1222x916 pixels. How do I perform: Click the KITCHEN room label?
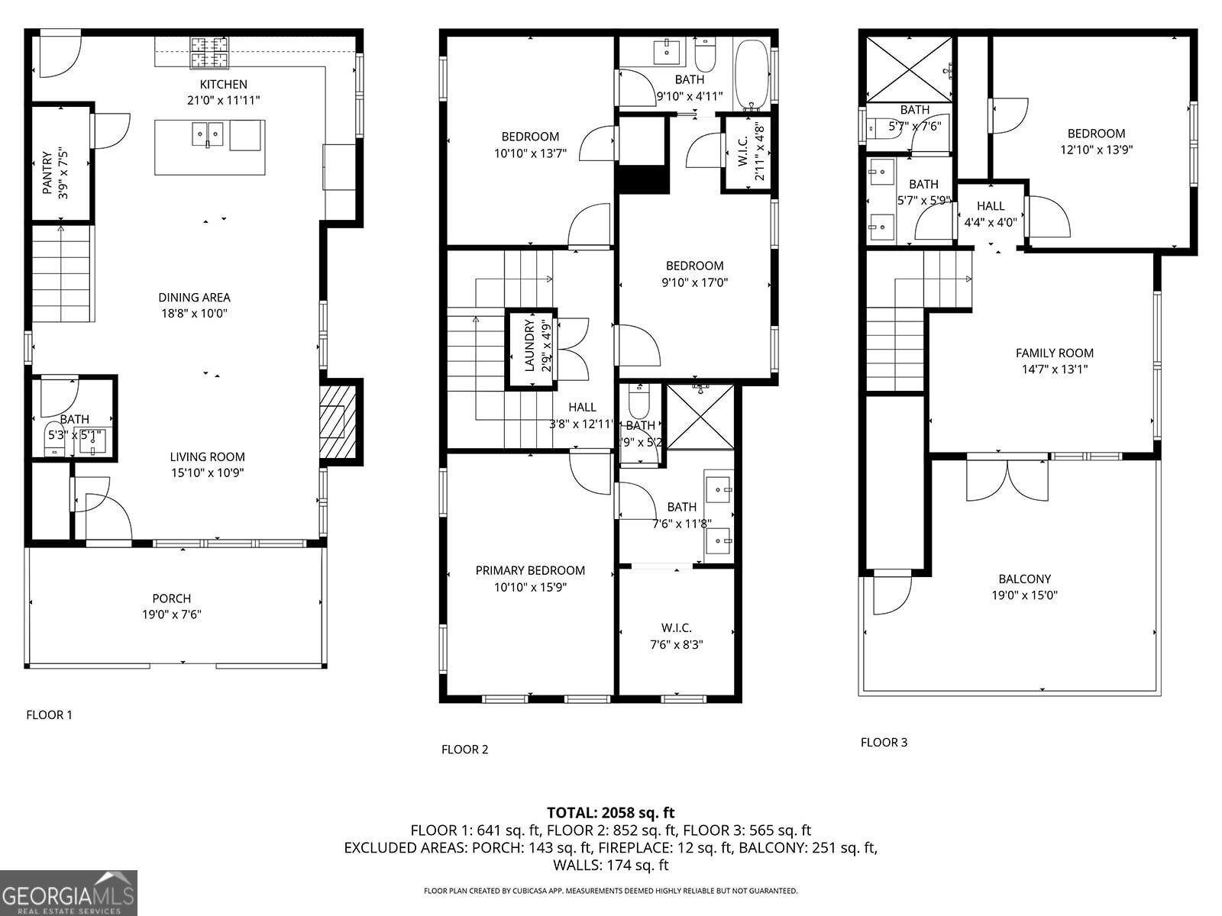(x=223, y=85)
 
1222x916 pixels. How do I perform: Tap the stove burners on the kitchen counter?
(x=209, y=53)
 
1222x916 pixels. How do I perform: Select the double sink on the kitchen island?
(x=207, y=135)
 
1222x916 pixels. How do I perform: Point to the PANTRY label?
(x=47, y=175)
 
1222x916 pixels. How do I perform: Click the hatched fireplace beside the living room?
(x=337, y=421)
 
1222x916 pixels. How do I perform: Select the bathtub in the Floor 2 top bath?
(x=752, y=75)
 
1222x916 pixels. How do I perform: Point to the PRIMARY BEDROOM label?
(x=530, y=570)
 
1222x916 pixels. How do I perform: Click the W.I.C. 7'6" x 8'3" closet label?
(x=676, y=628)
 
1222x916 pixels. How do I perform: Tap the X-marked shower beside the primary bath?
(x=700, y=417)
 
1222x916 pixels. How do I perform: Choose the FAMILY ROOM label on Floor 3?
(x=1054, y=353)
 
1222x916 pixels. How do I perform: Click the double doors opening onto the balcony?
(x=1007, y=479)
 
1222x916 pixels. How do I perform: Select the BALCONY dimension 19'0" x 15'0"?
(x=1024, y=596)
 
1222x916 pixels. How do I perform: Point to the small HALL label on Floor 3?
(x=991, y=206)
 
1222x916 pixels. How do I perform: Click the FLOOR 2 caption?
(x=464, y=750)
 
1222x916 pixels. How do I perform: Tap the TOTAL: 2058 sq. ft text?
(x=610, y=813)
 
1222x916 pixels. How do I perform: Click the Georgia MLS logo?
(x=69, y=893)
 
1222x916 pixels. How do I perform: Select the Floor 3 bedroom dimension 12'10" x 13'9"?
(x=1096, y=150)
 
